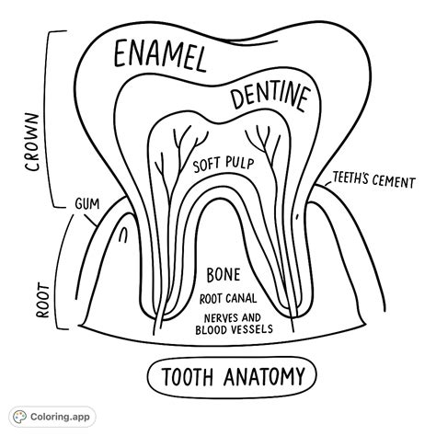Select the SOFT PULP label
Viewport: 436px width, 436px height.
[223, 165]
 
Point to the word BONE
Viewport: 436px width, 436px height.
[224, 274]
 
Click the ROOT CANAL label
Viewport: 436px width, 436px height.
[227, 298]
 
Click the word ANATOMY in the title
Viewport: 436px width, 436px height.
[261, 377]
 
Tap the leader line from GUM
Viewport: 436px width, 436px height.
[100, 207]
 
